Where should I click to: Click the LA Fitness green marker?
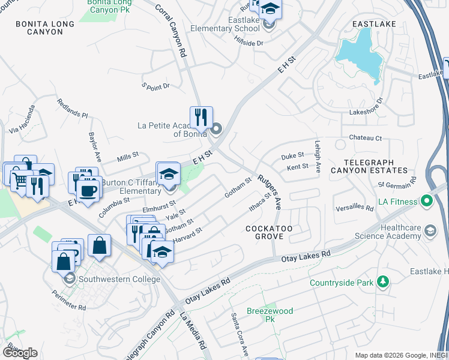427,200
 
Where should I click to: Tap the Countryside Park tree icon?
381,282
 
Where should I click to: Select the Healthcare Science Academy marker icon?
430,230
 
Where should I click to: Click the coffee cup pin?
88,191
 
